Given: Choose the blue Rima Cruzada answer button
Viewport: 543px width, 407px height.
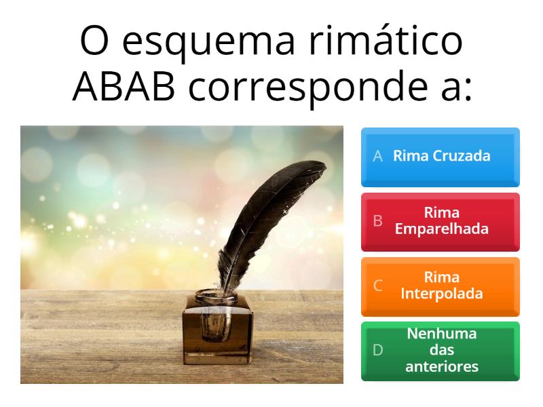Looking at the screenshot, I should (440, 157).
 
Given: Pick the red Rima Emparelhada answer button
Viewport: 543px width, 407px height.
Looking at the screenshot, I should (440, 221).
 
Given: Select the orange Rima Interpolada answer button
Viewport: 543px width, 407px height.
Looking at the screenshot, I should (440, 286).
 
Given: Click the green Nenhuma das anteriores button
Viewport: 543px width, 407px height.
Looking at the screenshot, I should (440, 350).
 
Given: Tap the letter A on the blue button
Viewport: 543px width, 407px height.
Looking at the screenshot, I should (378, 156).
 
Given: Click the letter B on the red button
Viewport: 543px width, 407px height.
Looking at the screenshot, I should (378, 221).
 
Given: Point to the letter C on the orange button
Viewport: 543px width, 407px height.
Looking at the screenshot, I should (378, 286).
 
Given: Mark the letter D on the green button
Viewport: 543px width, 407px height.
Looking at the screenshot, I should (378, 350).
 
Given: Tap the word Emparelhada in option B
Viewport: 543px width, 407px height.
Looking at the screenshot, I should (442, 229).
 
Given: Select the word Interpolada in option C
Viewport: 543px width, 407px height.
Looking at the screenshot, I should (442, 294).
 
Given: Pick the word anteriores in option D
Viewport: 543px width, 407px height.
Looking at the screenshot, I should (442, 367).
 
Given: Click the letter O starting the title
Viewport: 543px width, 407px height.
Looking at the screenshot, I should (93, 42).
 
